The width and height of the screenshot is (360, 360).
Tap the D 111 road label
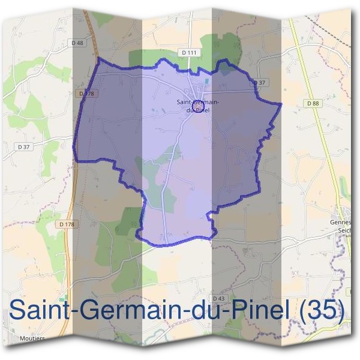189,53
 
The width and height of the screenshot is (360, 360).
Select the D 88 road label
313,103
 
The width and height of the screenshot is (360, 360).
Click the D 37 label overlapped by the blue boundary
259,82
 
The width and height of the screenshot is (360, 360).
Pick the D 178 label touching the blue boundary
87,93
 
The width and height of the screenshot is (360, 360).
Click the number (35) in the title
324,310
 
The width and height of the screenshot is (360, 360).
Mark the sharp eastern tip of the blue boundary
281,104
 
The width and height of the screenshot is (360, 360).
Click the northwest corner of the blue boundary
98,59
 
